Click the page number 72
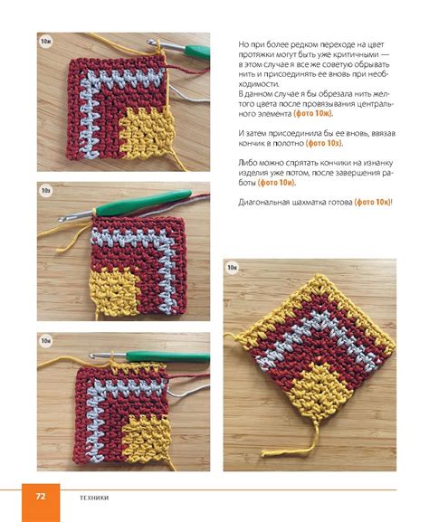point(41,497)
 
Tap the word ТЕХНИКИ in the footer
point(95,498)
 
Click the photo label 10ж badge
point(45,42)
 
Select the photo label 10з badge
point(45,191)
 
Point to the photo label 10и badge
point(45,341)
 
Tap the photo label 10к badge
point(232,268)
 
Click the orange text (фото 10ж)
point(313,113)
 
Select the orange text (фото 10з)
point(324,144)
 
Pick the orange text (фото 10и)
point(277,183)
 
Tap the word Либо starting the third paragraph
point(245,163)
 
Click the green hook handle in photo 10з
point(144,202)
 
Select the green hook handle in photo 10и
point(167,356)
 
